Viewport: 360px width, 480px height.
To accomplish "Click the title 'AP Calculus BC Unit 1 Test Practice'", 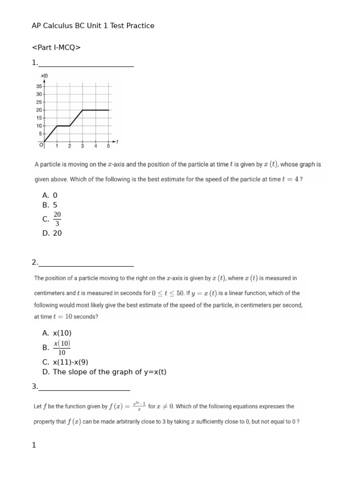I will [x=93, y=26].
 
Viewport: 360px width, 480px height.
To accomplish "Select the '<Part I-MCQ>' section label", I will [x=56, y=47].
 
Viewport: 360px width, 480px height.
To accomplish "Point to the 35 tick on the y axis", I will [x=39, y=86].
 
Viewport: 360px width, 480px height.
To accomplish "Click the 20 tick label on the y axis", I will [x=39, y=110].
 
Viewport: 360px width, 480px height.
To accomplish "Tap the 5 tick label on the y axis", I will [x=40, y=134].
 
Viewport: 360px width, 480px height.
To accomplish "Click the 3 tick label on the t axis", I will [x=82, y=146].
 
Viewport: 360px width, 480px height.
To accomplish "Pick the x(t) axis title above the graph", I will [x=45, y=75].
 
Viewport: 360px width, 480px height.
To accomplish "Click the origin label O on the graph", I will [x=41, y=145].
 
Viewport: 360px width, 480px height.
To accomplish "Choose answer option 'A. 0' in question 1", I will [x=50, y=195].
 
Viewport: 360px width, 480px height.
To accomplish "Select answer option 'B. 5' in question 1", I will [x=50, y=205].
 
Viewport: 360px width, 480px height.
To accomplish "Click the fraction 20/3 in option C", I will [x=57, y=219].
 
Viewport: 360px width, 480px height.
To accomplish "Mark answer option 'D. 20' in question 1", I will [x=52, y=233].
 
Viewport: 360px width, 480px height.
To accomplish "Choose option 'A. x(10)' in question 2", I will [x=57, y=333].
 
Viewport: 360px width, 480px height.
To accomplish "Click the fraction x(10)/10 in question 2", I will [x=61, y=348].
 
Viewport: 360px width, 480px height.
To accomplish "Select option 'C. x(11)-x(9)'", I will [x=65, y=362].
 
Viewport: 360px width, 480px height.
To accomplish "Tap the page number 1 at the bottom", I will [x=34, y=445].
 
